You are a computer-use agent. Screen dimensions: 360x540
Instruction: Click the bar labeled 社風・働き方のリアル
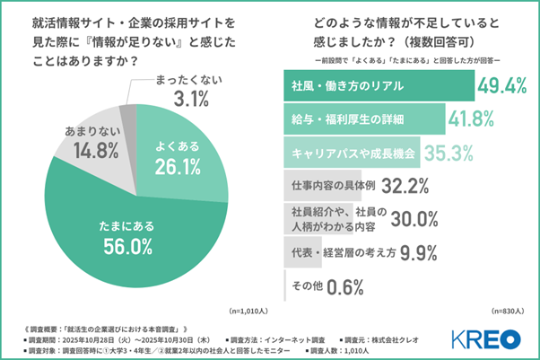(x=377, y=86)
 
